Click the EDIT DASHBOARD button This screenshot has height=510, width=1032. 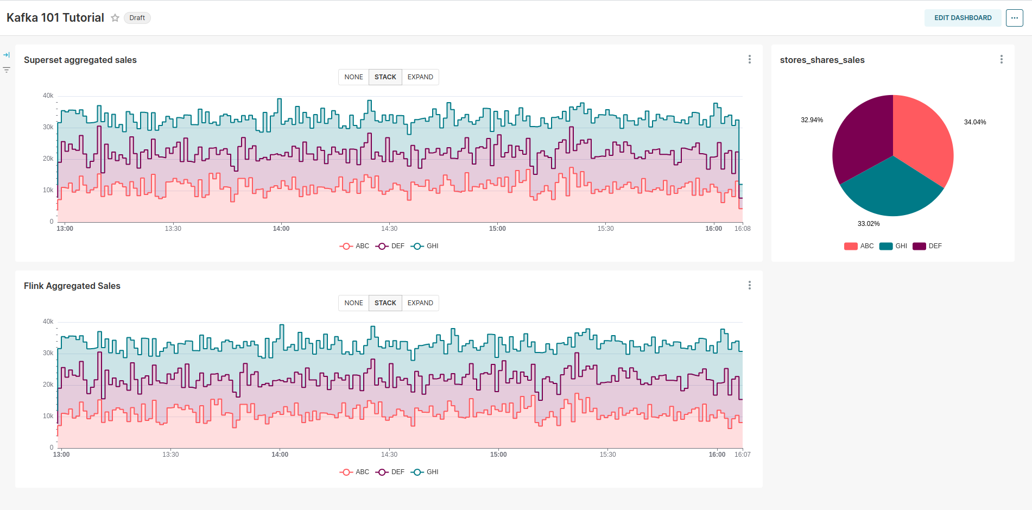pyautogui.click(x=963, y=18)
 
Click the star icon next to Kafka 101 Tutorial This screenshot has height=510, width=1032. pyautogui.click(x=115, y=18)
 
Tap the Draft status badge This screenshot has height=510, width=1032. pyautogui.click(x=137, y=18)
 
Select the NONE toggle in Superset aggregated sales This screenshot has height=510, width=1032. pyautogui.click(x=353, y=77)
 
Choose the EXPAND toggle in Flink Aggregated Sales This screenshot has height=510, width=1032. pyautogui.click(x=420, y=303)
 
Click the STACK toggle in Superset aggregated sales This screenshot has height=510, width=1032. pyautogui.click(x=385, y=77)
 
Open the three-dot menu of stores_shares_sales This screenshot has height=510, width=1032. pyautogui.click(x=1001, y=59)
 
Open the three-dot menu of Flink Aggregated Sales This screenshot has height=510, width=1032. pyautogui.click(x=749, y=285)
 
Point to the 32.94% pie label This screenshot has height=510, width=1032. pyautogui.click(x=812, y=120)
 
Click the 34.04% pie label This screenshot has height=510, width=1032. pyautogui.click(x=974, y=122)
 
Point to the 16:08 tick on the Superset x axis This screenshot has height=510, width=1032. pyautogui.click(x=742, y=229)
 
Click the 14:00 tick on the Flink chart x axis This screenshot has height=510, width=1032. pyautogui.click(x=280, y=455)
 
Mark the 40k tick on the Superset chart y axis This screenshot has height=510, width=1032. pyautogui.click(x=48, y=96)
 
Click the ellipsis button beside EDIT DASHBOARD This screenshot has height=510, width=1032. pyautogui.click(x=1014, y=18)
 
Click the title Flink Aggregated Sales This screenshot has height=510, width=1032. pyautogui.click(x=72, y=286)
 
